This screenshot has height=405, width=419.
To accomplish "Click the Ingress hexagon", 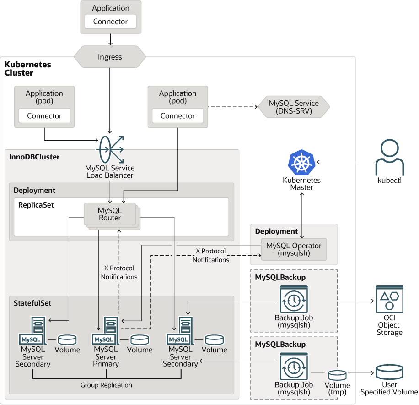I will (x=110, y=57).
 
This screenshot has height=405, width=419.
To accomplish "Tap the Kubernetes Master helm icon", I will (x=301, y=163).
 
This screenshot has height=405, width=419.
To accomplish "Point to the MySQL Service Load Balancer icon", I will (x=110, y=148).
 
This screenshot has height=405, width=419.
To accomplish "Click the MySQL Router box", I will (x=110, y=214).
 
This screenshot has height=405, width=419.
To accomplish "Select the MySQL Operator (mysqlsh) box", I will (x=294, y=249).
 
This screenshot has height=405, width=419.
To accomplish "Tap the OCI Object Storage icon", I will (x=390, y=300).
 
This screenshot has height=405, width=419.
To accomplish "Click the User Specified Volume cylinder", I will (x=389, y=372).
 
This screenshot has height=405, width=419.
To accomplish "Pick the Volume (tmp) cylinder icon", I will (x=337, y=374).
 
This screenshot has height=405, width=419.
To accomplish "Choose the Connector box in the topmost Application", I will (x=110, y=22).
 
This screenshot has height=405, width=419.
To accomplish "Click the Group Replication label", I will (x=106, y=385).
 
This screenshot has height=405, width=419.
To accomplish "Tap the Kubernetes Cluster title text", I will (x=28, y=69).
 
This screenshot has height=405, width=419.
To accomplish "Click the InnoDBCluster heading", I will (x=34, y=157).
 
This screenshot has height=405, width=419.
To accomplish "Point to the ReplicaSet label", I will (x=36, y=205).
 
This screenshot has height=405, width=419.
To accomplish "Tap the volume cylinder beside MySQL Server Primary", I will (x=140, y=339).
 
